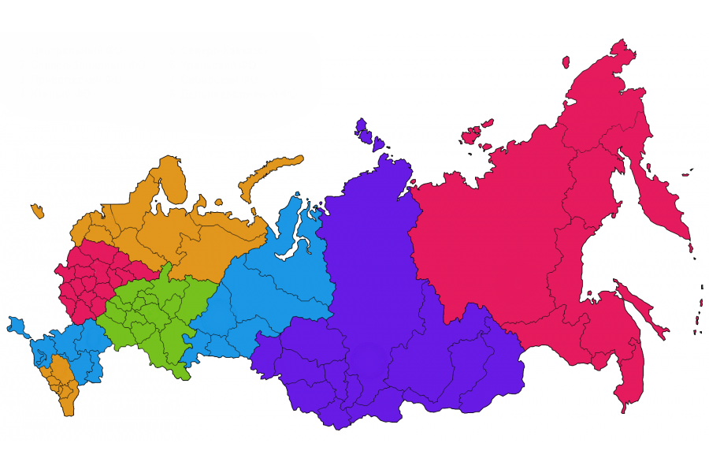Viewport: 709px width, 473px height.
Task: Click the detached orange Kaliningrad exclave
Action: [x=37, y=210]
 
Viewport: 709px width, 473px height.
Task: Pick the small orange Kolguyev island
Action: [x=216, y=200]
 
